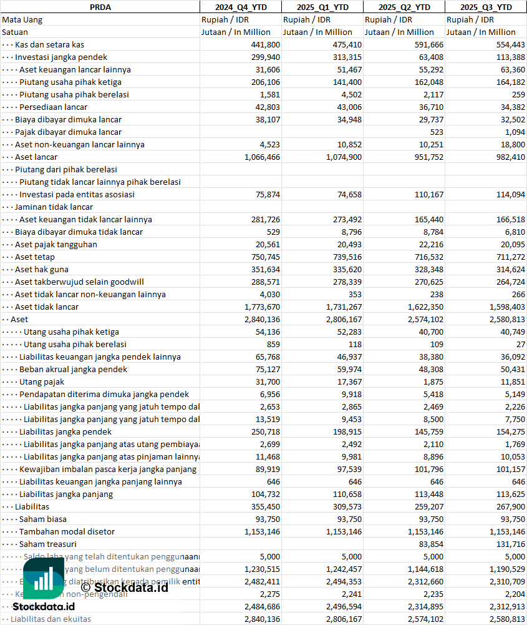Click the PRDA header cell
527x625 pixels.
tap(100, 7)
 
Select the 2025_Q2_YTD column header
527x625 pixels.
tap(404, 7)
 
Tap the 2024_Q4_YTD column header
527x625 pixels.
tap(240, 7)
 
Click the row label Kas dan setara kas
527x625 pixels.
tap(49, 44)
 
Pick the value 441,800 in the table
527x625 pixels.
tap(265, 44)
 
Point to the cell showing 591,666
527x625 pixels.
tap(428, 44)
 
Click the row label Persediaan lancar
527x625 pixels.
tap(53, 107)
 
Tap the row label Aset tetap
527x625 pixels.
tap(35, 257)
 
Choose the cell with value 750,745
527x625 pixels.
tap(265, 257)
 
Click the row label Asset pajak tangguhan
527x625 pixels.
tap(56, 244)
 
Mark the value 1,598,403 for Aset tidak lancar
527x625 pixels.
tap(505, 307)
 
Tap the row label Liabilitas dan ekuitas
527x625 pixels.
tap(51, 619)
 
